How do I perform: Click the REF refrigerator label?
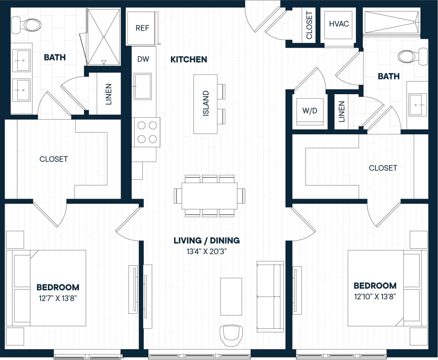tap(142, 28)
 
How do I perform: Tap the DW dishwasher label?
tap(143, 59)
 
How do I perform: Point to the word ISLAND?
tap(206, 104)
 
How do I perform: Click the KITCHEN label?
tap(189, 59)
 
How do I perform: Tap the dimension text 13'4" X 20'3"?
tap(207, 251)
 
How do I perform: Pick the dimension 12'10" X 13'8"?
tap(375, 297)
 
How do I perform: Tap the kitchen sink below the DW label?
tap(143, 86)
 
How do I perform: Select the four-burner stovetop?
tap(147, 132)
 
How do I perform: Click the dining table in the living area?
tap(209, 196)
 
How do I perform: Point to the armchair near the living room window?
tap(231, 335)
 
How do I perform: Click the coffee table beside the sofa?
tap(231, 297)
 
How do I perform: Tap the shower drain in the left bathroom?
tap(104, 37)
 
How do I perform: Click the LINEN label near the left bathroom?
tap(108, 94)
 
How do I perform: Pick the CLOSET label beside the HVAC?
tap(309, 25)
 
